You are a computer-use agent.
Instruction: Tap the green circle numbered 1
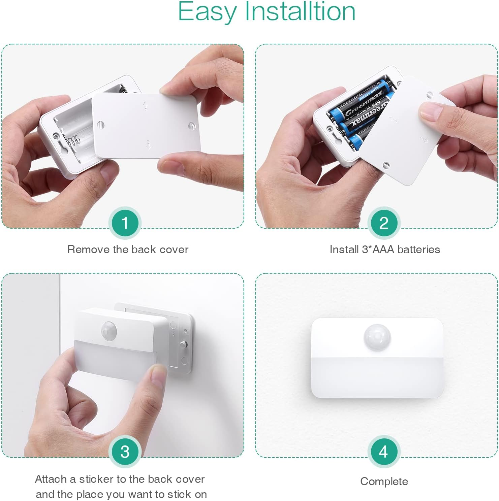[125, 223]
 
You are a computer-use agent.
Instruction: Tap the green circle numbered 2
[384, 223]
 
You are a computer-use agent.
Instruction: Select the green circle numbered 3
[125, 452]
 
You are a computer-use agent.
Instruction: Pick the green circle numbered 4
[384, 452]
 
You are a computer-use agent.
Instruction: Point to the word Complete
[384, 481]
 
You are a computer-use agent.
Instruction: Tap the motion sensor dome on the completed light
[377, 337]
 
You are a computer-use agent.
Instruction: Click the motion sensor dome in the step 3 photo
[108, 330]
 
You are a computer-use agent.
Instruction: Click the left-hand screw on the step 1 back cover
[100, 125]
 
